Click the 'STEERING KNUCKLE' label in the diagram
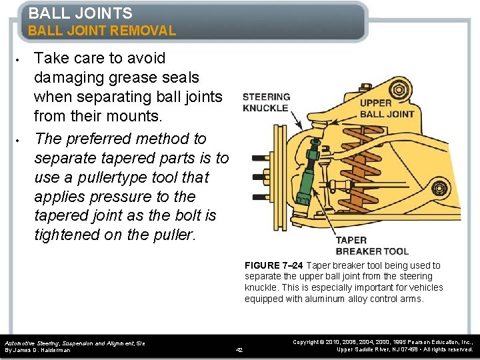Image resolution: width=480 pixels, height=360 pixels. coord(266,102)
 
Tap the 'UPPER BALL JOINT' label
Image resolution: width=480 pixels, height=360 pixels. coord(387,108)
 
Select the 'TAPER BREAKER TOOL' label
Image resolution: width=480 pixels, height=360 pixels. coord(372,246)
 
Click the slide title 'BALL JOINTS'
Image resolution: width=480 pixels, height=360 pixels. coord(80,13)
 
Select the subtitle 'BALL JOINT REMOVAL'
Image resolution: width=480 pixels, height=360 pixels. coord(101,31)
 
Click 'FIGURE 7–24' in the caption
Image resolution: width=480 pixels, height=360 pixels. coord(273,265)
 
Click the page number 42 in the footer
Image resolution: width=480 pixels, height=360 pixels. coord(240,349)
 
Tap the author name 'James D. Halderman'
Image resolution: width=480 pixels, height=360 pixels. coord(47,349)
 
